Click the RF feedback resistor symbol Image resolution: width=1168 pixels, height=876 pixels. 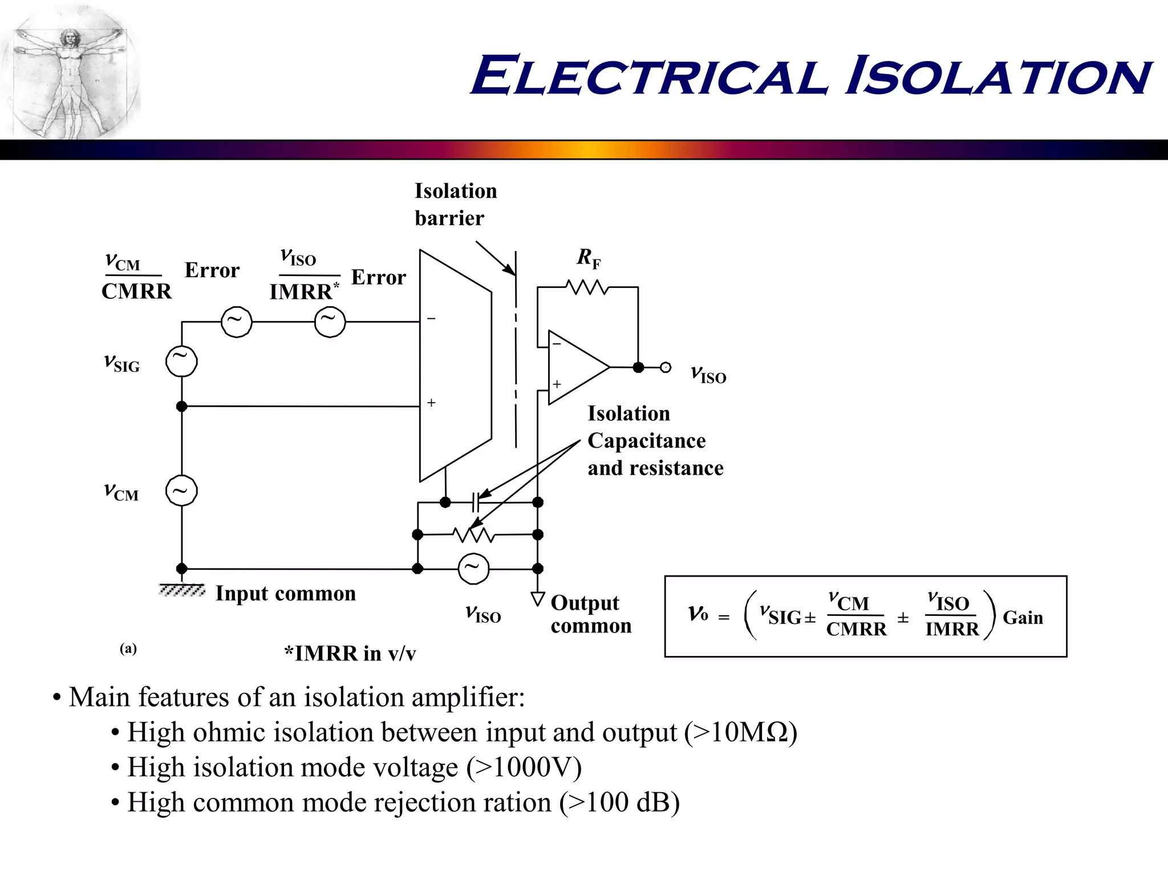coord(587,287)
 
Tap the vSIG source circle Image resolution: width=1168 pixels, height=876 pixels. coord(181,362)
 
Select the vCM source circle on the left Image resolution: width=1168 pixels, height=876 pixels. coord(181,491)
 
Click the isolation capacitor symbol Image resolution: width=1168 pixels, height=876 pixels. coord(476,502)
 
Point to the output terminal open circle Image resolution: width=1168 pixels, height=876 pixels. coord(666,368)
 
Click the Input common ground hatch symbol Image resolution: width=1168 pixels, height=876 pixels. coord(182,590)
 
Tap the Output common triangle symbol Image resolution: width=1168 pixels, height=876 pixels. coord(538,599)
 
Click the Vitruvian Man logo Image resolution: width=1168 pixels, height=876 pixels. coord(70,71)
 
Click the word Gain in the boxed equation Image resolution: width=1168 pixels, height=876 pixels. coord(1023,618)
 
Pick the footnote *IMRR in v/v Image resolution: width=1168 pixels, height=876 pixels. coord(350,654)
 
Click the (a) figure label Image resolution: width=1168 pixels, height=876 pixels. coord(128,648)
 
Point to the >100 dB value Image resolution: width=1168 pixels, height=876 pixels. coord(619,802)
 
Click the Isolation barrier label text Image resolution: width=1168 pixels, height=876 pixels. coord(455,204)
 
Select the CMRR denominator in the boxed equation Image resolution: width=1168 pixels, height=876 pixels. coord(856,630)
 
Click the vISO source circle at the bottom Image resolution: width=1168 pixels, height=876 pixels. coord(473,569)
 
